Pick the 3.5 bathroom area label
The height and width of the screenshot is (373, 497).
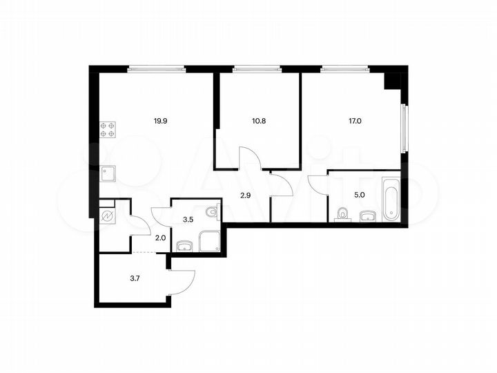188,220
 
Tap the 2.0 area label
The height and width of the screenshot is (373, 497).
160,238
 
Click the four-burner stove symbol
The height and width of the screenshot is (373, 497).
107,129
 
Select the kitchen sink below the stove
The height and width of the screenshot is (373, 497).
108,173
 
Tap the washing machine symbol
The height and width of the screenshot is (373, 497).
108,216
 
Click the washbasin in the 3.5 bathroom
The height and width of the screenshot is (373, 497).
184,245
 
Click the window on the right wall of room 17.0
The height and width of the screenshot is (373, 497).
405,128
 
